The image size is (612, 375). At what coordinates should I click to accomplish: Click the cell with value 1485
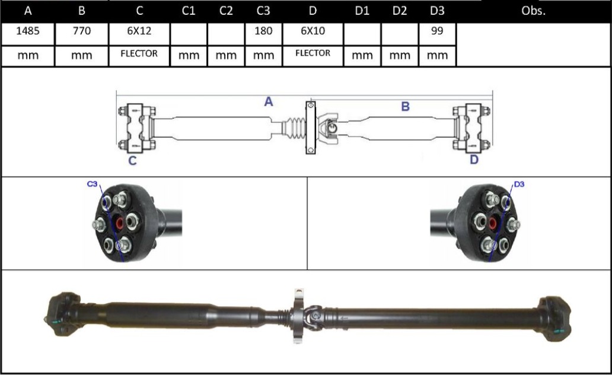coord(27,31)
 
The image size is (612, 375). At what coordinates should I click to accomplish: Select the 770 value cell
coord(82,31)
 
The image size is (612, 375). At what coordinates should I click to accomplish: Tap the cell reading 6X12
coord(139,31)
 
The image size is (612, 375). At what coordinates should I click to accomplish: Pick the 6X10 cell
coord(313,31)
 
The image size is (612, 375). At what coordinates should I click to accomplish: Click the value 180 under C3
coord(263,31)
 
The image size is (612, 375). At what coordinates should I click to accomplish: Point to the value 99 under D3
coord(437,31)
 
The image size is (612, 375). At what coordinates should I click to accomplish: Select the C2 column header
coord(226,11)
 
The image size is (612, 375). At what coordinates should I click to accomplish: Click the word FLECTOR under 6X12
coord(139,53)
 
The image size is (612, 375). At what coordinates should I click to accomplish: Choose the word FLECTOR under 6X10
coord(313,53)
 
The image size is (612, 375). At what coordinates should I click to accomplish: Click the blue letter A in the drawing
coord(269,102)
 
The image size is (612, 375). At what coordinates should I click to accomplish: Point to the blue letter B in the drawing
coord(406,107)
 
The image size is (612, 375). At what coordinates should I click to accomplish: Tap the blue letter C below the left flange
coord(133,160)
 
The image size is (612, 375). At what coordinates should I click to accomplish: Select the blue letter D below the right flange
coord(473,160)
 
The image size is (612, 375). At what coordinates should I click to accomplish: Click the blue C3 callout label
coord(92,185)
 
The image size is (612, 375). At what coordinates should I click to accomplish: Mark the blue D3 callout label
coord(519,185)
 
